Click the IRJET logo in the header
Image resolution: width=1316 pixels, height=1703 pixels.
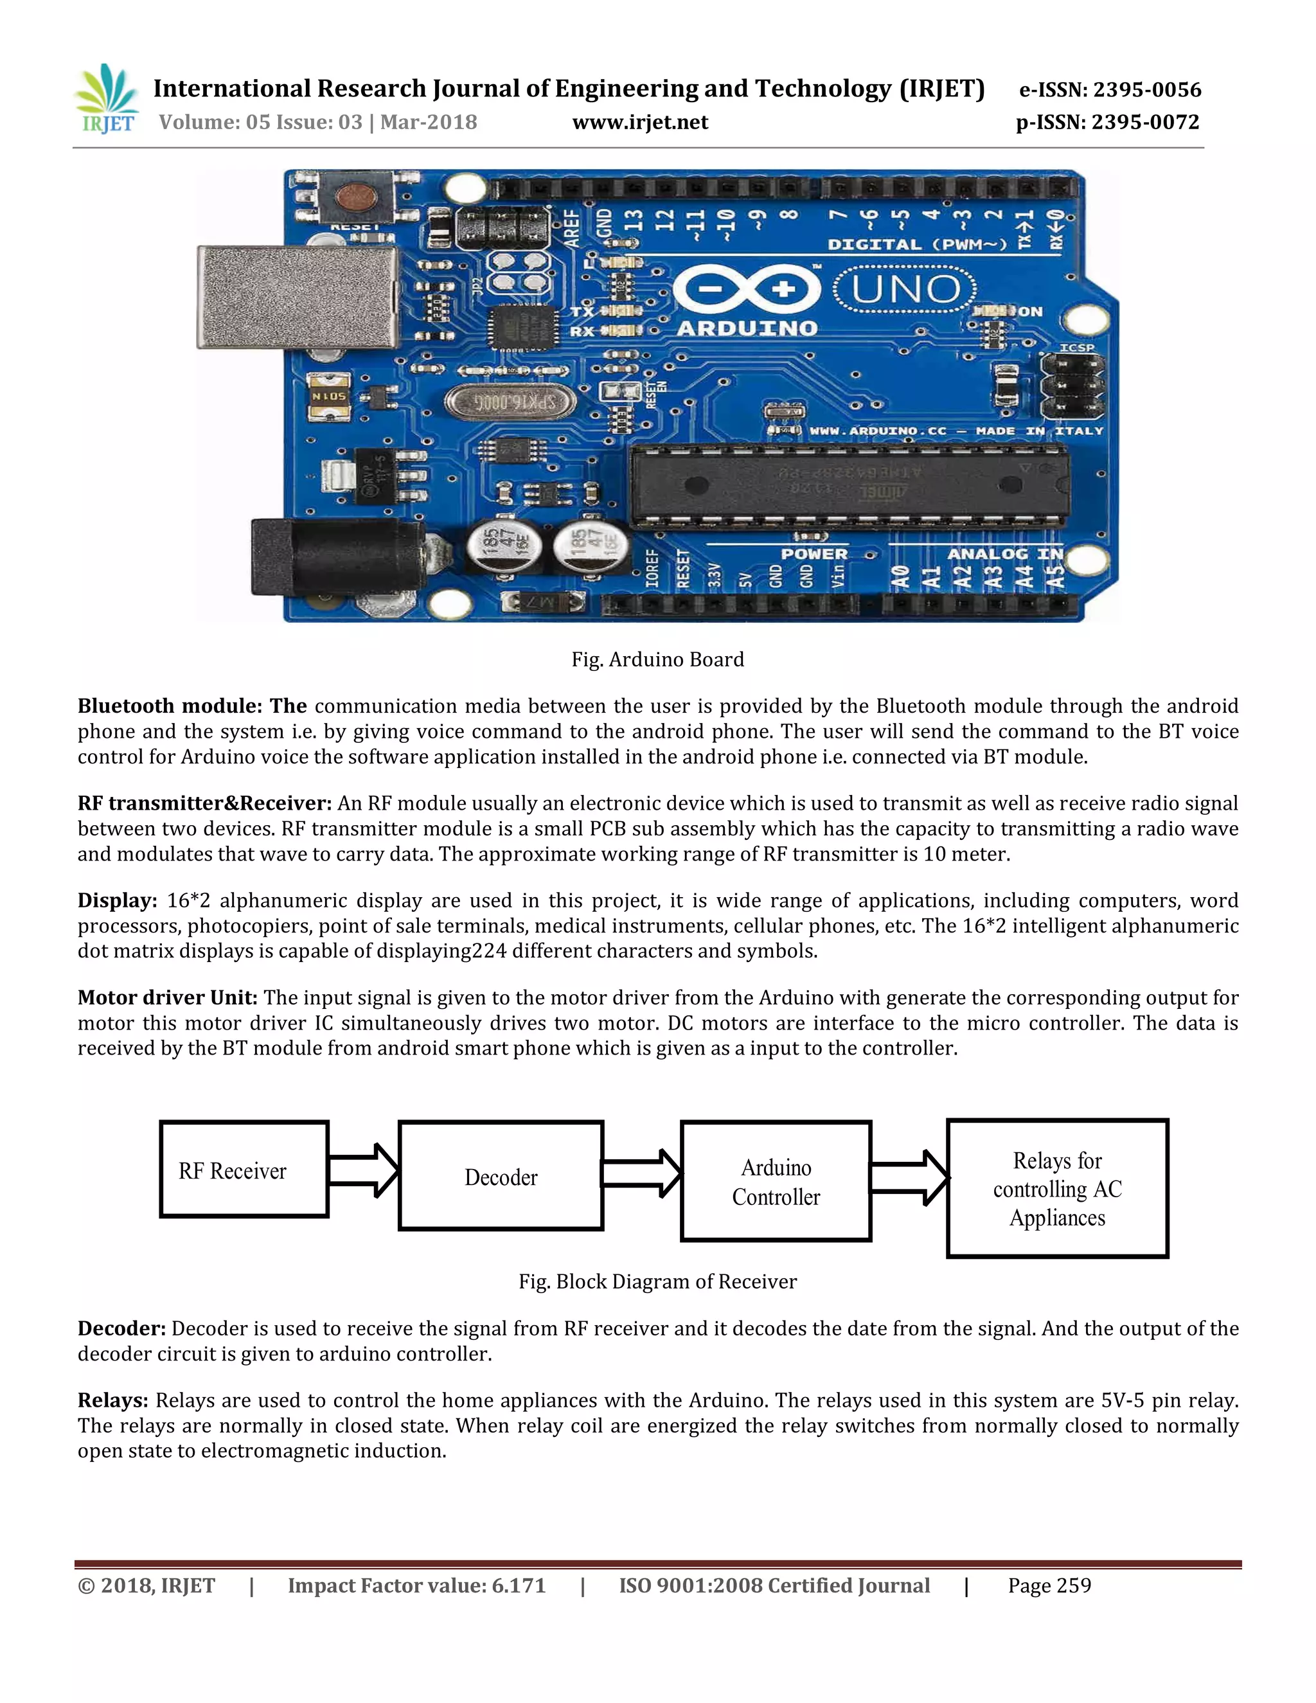click(107, 99)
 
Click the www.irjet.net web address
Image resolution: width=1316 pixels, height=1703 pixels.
click(640, 122)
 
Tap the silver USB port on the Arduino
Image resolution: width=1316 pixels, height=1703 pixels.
click(297, 297)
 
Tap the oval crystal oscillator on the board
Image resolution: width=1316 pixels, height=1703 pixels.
click(511, 402)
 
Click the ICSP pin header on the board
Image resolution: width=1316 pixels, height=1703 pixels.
click(1072, 386)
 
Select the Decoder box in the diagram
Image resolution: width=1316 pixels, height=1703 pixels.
click(501, 1176)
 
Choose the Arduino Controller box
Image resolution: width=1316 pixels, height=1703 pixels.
click(776, 1181)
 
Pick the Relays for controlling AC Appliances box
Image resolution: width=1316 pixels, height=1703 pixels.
click(1057, 1188)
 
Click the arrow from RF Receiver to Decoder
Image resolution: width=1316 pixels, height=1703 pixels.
click(363, 1170)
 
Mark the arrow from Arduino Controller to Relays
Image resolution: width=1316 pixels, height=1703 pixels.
click(909, 1177)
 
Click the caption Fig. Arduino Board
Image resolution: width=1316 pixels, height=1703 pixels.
click(657, 660)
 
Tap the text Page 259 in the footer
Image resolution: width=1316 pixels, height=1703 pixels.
click(1049, 1585)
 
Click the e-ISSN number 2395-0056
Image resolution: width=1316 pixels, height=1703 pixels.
click(1147, 90)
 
